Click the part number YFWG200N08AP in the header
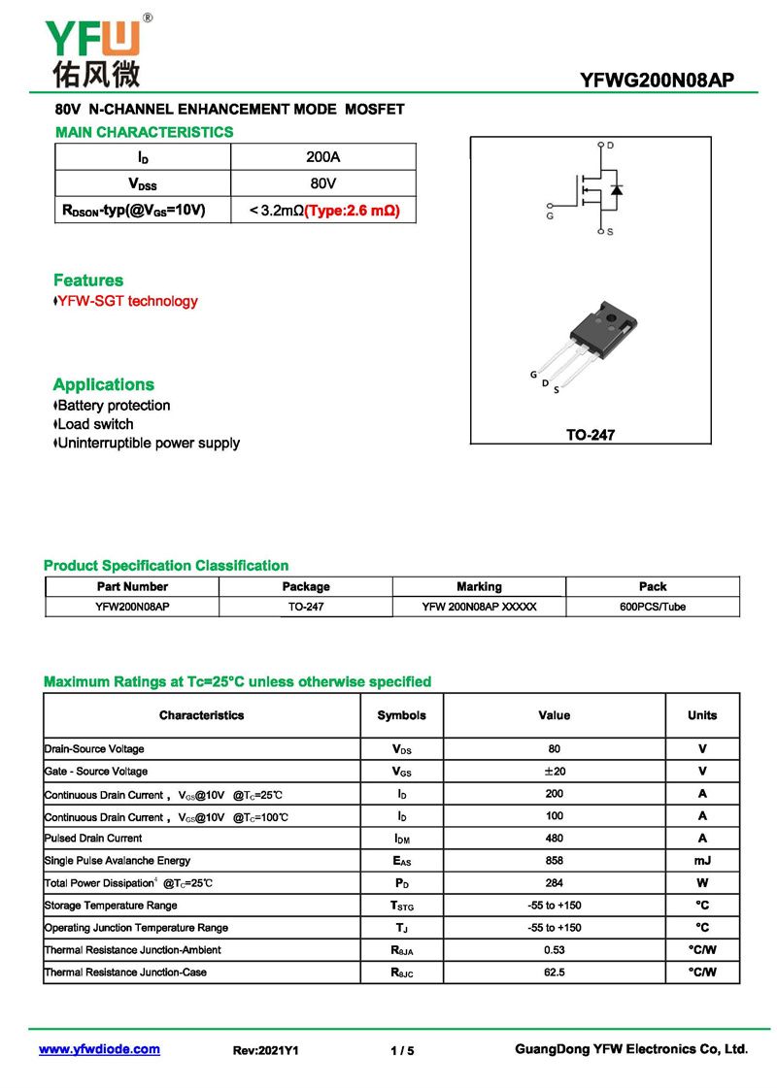[x=657, y=81]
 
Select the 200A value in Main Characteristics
[x=322, y=157]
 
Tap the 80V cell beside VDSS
[x=322, y=183]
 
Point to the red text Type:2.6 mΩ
[x=353, y=210]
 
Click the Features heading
[x=88, y=280]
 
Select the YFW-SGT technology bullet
[x=126, y=301]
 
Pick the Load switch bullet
[x=94, y=424]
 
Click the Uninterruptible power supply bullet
[x=148, y=444]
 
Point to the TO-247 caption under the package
[x=591, y=436]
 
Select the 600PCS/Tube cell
[x=653, y=607]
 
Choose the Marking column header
[x=479, y=586]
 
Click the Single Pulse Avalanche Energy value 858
[x=555, y=861]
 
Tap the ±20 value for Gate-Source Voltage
[x=555, y=772]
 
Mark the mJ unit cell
[x=702, y=861]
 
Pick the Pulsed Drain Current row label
[x=93, y=839]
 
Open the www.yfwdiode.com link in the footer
[x=99, y=1049]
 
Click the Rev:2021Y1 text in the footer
[x=266, y=1050]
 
